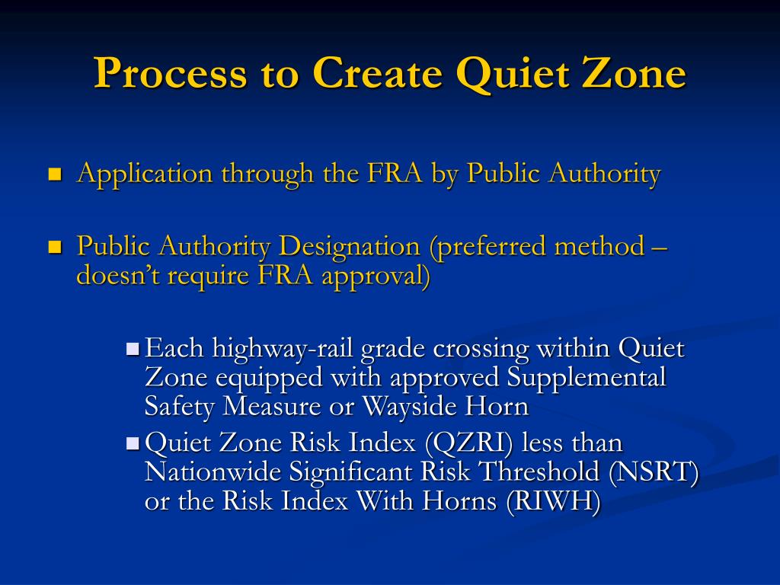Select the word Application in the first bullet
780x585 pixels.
[145, 174]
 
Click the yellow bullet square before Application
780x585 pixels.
[54, 174]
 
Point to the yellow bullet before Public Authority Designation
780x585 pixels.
[54, 248]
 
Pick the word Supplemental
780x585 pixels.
[587, 377]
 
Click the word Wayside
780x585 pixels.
[407, 406]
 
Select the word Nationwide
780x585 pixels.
[213, 472]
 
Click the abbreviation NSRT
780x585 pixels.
[654, 472]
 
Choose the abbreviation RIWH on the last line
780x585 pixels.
[554, 501]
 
